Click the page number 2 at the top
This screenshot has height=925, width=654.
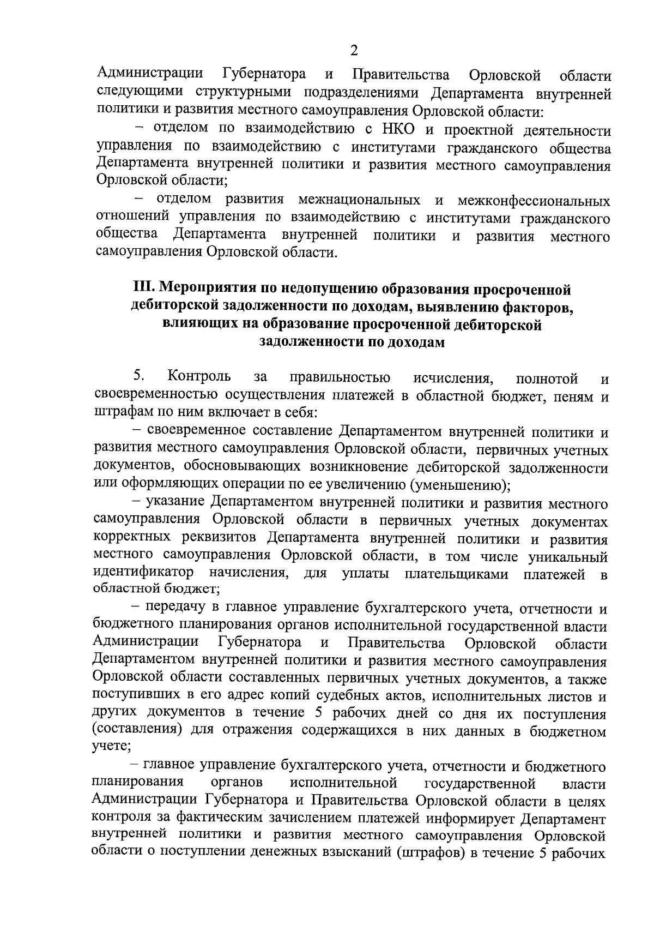(x=354, y=51)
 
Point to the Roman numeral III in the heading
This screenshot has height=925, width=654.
(x=144, y=287)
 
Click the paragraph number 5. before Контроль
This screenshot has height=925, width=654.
(x=138, y=376)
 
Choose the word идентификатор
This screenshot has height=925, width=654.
(x=143, y=573)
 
